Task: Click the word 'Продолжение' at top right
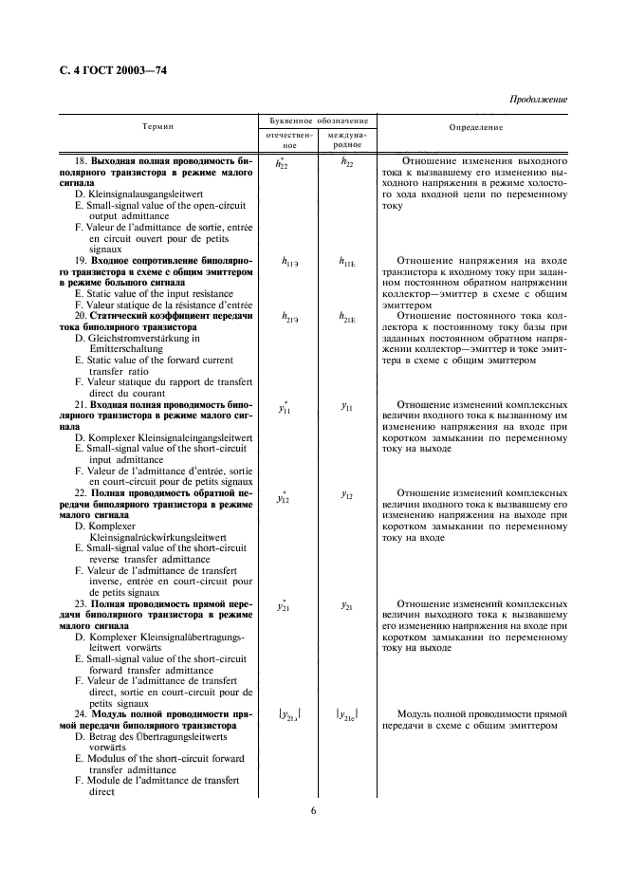tap(538, 99)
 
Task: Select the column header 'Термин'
tap(157, 126)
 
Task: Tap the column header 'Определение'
tap(476, 126)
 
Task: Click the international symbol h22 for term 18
tap(346, 163)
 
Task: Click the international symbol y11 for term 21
tap(346, 407)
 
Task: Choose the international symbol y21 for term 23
tap(346, 604)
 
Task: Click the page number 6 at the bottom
tap(314, 810)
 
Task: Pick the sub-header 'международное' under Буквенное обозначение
tap(346, 140)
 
